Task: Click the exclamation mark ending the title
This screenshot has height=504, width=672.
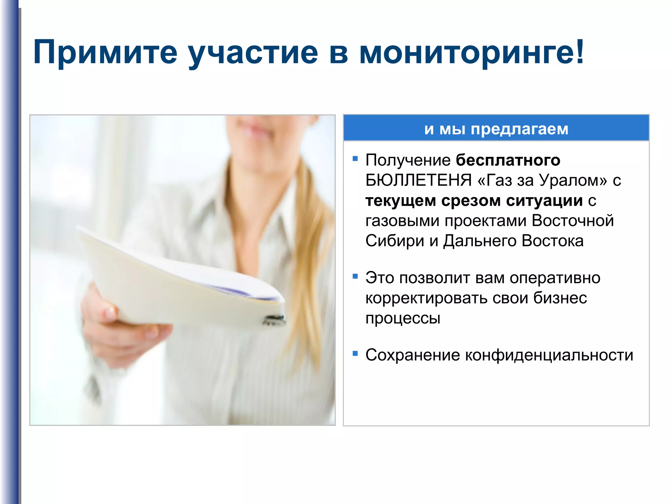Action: (x=580, y=51)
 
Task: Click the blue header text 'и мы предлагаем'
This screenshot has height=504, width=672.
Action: (x=496, y=129)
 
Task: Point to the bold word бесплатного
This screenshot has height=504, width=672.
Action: (x=508, y=160)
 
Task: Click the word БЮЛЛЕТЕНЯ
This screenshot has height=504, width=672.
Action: (x=418, y=180)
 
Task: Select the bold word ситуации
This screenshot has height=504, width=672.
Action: (x=544, y=200)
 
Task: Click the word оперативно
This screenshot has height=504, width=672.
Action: (x=555, y=278)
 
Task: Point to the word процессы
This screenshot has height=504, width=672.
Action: (x=403, y=319)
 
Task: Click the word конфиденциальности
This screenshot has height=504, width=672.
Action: (x=549, y=355)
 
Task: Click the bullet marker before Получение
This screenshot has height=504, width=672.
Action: (x=355, y=159)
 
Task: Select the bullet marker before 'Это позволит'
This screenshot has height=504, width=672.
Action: (x=355, y=276)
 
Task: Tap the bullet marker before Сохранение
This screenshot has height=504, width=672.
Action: (x=355, y=353)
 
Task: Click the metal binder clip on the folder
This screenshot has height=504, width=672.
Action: (x=274, y=320)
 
